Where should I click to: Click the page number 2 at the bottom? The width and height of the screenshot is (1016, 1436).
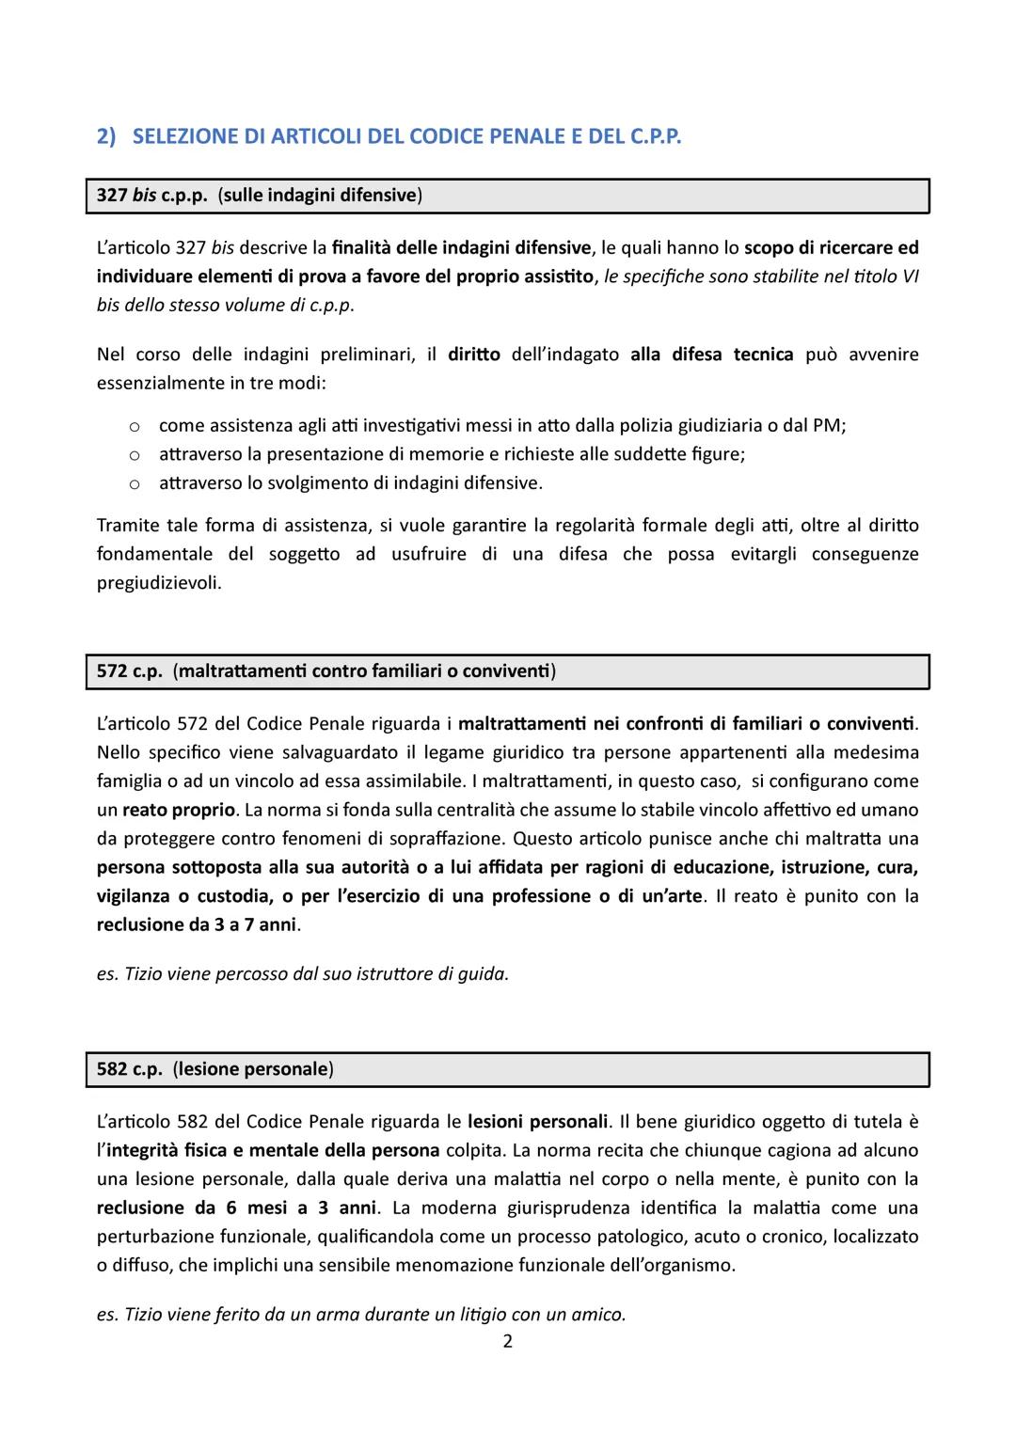[x=508, y=1341]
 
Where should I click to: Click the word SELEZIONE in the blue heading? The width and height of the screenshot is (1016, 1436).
[x=185, y=136]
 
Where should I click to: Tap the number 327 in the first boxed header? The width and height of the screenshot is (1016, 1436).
[x=112, y=196]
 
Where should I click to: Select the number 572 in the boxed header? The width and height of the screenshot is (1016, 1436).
[x=112, y=671]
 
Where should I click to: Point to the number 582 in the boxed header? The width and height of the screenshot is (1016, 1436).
[x=112, y=1069]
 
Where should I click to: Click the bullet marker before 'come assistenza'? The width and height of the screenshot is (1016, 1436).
[x=135, y=426]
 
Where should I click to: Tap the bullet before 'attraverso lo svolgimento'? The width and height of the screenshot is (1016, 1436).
[x=135, y=483]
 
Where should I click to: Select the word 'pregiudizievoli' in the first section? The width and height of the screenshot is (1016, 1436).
[x=159, y=583]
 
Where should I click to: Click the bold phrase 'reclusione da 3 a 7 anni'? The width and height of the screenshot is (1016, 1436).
[x=197, y=924]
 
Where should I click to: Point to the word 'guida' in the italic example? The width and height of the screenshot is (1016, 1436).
[x=485, y=974]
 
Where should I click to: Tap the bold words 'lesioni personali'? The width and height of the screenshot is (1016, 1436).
[x=538, y=1122]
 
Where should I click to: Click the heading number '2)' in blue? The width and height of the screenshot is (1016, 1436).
[x=106, y=136]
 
